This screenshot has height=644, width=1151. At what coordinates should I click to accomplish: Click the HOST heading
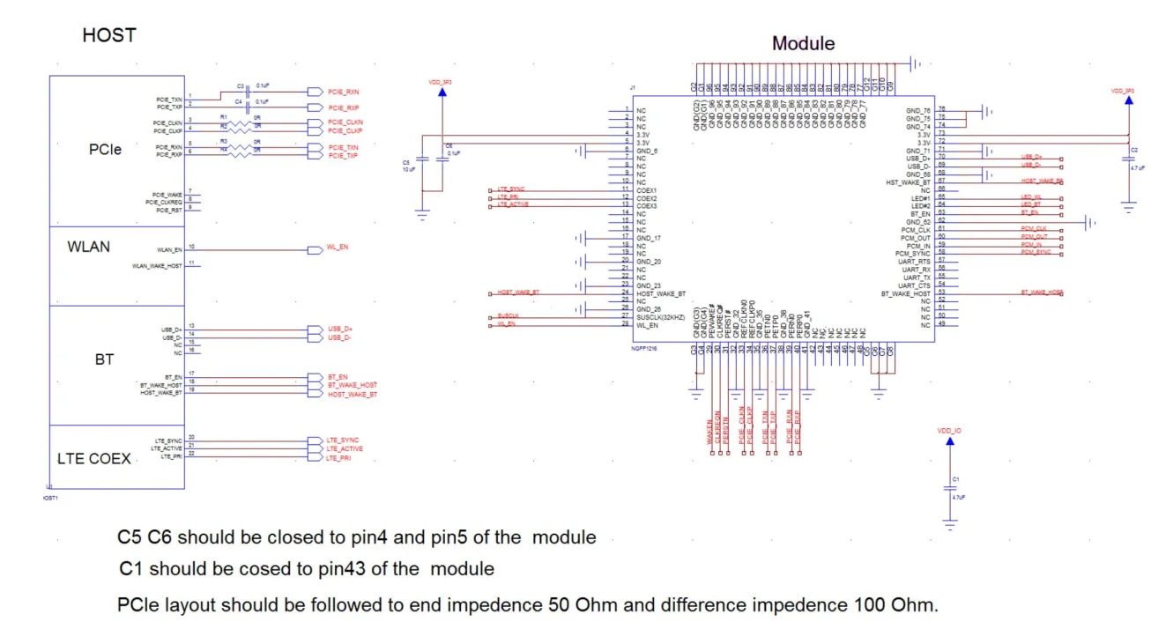(109, 36)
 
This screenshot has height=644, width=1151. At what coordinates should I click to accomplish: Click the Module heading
(803, 43)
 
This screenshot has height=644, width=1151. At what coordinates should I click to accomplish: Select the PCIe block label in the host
(105, 150)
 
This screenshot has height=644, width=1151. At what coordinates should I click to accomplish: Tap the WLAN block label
(89, 248)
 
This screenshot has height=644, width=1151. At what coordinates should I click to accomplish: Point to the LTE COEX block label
(94, 458)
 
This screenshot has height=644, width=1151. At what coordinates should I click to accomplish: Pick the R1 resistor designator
(224, 116)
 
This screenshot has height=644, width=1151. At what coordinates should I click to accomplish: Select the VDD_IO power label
(949, 431)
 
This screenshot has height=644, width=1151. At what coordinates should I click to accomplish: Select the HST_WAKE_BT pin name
(907, 182)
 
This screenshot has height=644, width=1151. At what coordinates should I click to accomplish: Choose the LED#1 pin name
(920, 198)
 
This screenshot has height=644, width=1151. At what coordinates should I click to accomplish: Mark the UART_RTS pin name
(916, 262)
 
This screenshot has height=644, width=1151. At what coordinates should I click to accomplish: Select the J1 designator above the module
(633, 88)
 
